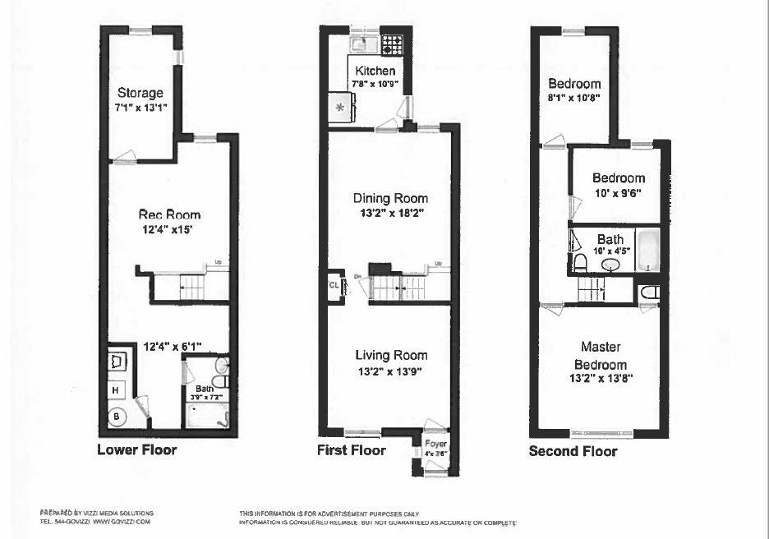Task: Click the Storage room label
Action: click(x=140, y=93)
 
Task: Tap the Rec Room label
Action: click(x=168, y=215)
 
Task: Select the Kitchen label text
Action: click(x=375, y=71)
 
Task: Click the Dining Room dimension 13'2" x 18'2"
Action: click(x=391, y=213)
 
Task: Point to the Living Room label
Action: click(x=391, y=355)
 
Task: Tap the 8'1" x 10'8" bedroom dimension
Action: click(x=574, y=97)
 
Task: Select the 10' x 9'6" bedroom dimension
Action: click(x=618, y=193)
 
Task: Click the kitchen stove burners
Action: click(x=390, y=43)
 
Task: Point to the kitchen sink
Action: click(x=361, y=43)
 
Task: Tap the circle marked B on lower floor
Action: click(x=116, y=417)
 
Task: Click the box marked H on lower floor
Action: click(x=116, y=390)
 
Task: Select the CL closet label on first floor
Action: click(x=334, y=286)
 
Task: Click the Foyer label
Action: click(x=435, y=445)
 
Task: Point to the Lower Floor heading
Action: click(x=136, y=450)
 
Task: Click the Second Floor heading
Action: click(x=573, y=451)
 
